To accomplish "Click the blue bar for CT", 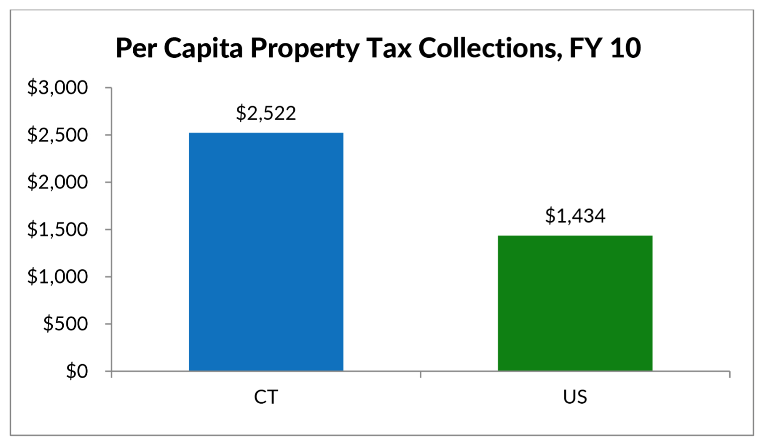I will (266, 252).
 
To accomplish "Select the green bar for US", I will (575, 303).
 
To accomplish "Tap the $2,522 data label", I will (266, 113).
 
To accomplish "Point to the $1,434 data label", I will (575, 216).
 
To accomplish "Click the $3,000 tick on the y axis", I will (57, 87).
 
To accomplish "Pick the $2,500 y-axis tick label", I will (57, 135).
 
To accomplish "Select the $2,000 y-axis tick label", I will (57, 182).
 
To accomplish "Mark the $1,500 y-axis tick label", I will (57, 229).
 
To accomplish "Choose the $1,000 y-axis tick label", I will (57, 277).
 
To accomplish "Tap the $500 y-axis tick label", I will (65, 324).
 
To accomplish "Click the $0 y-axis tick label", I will (77, 371).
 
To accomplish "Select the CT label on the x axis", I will (266, 397).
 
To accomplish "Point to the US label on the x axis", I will (575, 397).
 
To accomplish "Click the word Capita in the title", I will (203, 48).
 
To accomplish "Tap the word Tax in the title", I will (389, 48).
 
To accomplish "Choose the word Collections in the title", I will (487, 48).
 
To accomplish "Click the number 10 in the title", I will (626, 48).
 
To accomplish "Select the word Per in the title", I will (136, 48).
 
